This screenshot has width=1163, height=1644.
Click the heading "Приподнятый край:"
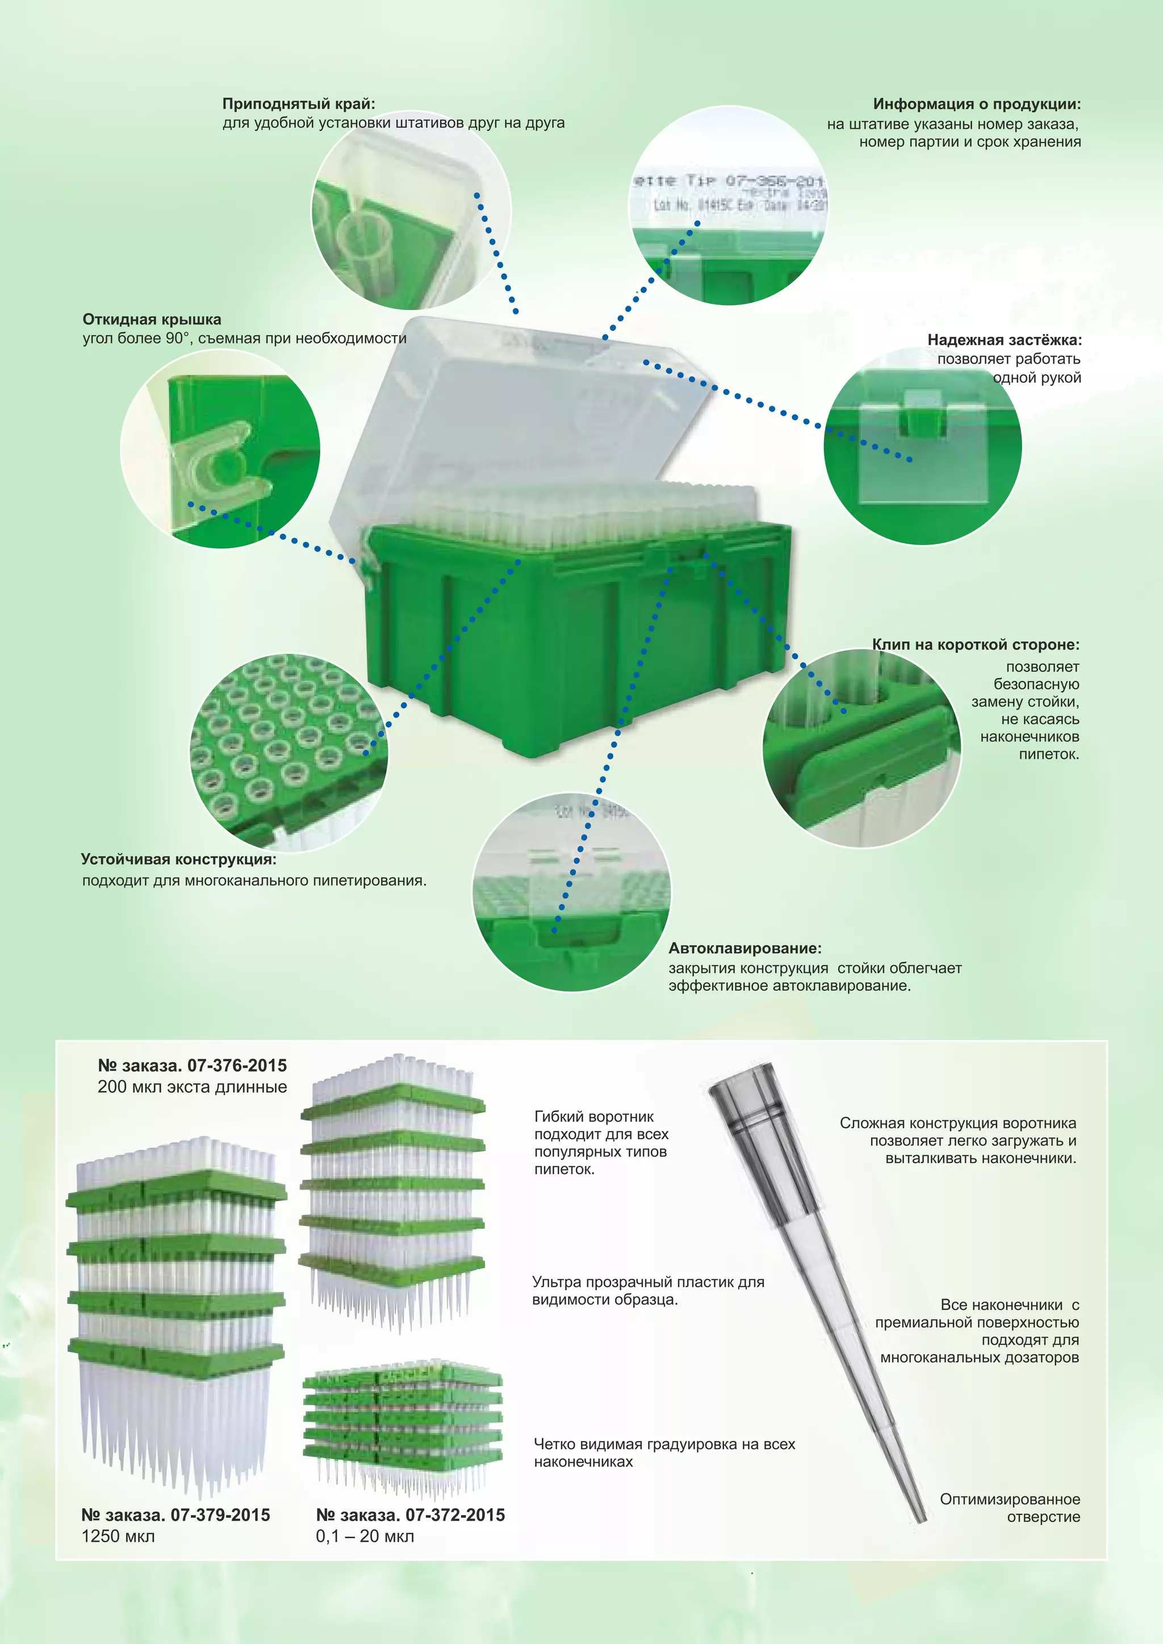point(299,104)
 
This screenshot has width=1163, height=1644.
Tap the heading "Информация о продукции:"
point(977,104)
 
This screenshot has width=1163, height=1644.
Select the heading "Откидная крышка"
point(152,319)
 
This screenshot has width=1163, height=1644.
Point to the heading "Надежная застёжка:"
point(1005,340)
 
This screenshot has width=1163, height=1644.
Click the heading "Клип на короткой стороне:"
point(976,645)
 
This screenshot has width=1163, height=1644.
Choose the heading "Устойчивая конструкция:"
point(178,859)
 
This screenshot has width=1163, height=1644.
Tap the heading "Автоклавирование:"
point(745,948)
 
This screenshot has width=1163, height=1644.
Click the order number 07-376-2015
point(237,1065)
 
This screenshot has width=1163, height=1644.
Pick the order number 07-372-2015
point(455,1529)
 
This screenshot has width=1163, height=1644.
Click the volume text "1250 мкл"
point(118,1550)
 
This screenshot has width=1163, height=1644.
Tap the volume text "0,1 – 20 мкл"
point(365,1550)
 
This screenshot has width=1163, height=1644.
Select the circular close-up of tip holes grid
point(288,752)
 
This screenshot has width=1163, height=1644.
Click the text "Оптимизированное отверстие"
point(1010,1508)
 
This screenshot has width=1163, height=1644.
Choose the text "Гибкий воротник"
point(593,1116)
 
